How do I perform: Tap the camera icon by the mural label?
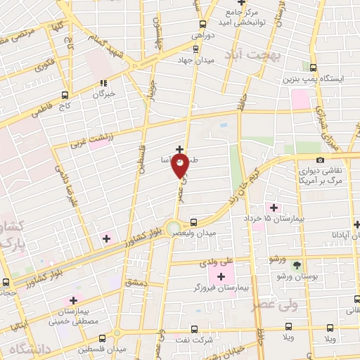click(320, 160)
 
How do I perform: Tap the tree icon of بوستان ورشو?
click(296, 266)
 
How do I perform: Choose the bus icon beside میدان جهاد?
click(195, 49)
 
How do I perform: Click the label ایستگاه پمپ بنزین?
click(320, 79)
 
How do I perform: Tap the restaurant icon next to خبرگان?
click(104, 82)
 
